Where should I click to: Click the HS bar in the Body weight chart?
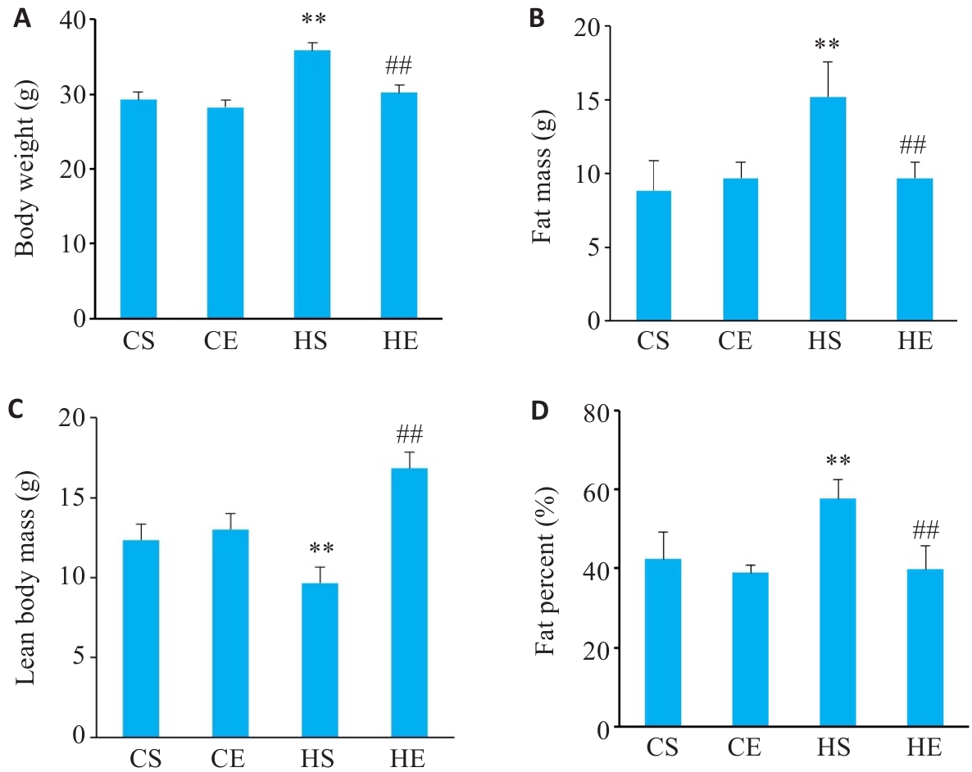pos(311,184)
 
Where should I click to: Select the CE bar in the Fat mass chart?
pos(740,249)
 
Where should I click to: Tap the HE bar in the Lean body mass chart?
pos(409,602)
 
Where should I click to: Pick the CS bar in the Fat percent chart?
pos(662,643)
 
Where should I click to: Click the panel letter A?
pos(22,19)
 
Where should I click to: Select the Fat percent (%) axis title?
pos(544,571)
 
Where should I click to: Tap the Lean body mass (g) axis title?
pos(25,579)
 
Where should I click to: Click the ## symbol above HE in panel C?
pos(409,434)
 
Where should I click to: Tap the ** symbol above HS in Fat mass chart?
pos(828,44)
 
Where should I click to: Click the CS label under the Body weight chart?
pos(139,340)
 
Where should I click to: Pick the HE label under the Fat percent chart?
pos(924,748)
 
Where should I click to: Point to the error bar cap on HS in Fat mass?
pos(828,62)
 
